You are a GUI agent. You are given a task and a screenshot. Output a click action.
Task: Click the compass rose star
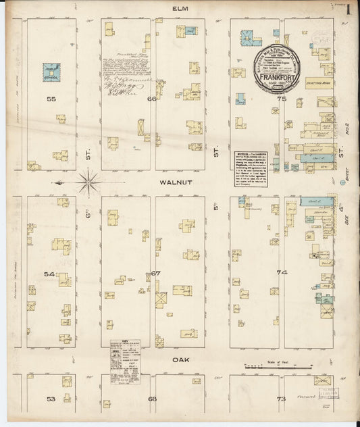[x=88, y=181]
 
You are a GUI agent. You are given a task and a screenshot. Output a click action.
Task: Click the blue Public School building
[x=51, y=70]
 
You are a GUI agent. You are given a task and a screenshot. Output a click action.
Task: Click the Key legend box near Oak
[x=126, y=364]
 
